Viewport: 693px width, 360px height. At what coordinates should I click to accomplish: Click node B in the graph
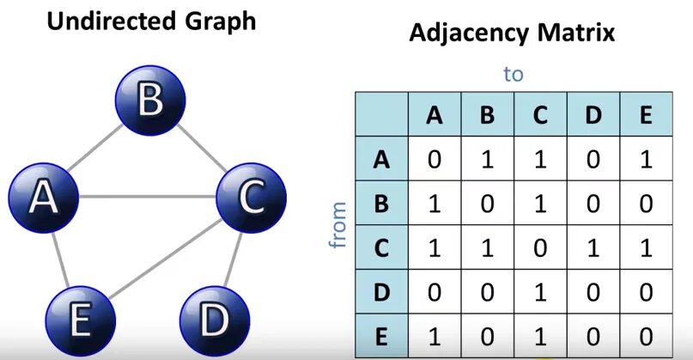point(150,100)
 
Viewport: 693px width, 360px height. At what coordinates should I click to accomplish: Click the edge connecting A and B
point(94,149)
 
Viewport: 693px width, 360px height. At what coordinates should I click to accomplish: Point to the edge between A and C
point(146,197)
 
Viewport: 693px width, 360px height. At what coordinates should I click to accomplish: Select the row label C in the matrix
point(382,247)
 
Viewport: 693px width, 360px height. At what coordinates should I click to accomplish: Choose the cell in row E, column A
point(435,336)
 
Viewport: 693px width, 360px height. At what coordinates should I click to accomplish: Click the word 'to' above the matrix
point(514,74)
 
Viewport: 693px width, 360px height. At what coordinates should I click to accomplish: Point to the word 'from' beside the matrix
point(337,225)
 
